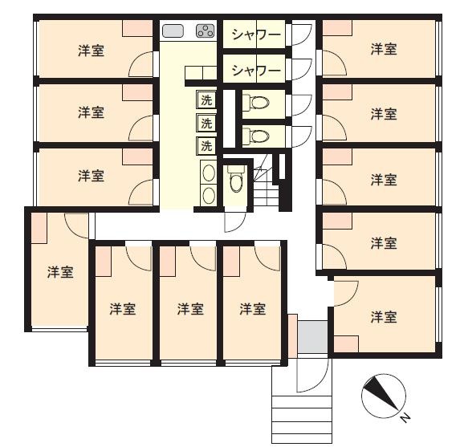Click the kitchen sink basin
pyautogui.click(x=173, y=30)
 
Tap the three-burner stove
pyautogui.click(x=206, y=30)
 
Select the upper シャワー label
pyautogui.click(x=256, y=35)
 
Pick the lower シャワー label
pyautogui.click(x=256, y=71)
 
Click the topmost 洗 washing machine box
pyautogui.click(x=206, y=100)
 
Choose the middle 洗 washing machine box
pyautogui.click(x=206, y=123)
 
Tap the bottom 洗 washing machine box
pyautogui.click(x=206, y=146)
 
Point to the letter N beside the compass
pyautogui.click(x=405, y=417)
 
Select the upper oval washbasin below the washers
pyautogui.click(x=208, y=173)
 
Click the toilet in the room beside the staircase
pyautogui.click(x=235, y=179)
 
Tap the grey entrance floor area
pyautogui.click(x=312, y=337)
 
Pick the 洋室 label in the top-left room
pyautogui.click(x=91, y=51)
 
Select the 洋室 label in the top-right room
pyautogui.click(x=384, y=49)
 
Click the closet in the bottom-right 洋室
pyautogui.click(x=346, y=344)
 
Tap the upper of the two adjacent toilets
pyautogui.click(x=256, y=103)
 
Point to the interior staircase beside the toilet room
pyautogui.click(x=267, y=185)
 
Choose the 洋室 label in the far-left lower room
pyautogui.click(x=60, y=272)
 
